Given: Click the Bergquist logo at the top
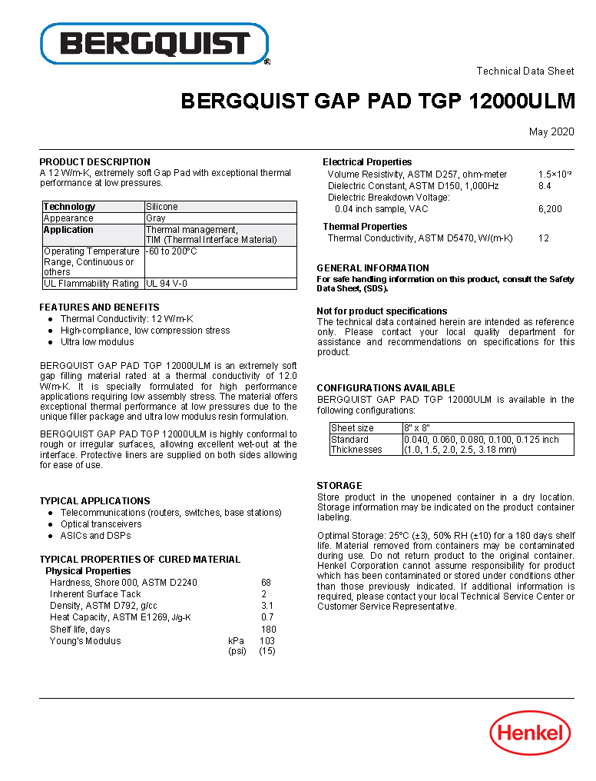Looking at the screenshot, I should pyautogui.click(x=154, y=44).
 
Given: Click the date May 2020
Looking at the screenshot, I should pyautogui.click(x=551, y=132).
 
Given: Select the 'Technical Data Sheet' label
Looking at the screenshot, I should pyautogui.click(x=525, y=71).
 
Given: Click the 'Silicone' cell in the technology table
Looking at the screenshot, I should pyautogui.click(x=162, y=207).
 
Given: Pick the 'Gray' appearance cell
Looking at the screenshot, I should pyautogui.click(x=156, y=218).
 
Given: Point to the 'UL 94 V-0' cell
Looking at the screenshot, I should pyautogui.click(x=167, y=284).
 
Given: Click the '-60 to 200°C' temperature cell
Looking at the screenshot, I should pyautogui.click(x=172, y=251).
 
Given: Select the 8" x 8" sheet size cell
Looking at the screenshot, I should pyautogui.click(x=417, y=428).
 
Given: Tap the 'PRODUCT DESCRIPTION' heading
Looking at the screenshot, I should pyautogui.click(x=95, y=161).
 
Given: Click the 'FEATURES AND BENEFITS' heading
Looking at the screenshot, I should pyautogui.click(x=100, y=307).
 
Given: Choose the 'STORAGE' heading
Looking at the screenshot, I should pyautogui.click(x=339, y=486).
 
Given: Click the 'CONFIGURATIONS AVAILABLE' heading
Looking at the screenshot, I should pyautogui.click(x=386, y=388).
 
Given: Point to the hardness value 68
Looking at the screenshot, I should pyautogui.click(x=266, y=583).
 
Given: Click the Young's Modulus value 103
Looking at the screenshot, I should pyautogui.click(x=267, y=640).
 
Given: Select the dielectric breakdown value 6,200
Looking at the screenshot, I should pyautogui.click(x=550, y=209).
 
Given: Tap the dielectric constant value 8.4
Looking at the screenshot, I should pyautogui.click(x=545, y=186).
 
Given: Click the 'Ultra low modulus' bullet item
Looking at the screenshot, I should pyautogui.click(x=98, y=342).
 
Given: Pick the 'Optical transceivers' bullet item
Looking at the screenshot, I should pyautogui.click(x=101, y=524).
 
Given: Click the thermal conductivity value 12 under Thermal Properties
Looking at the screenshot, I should pyautogui.click(x=544, y=238).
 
